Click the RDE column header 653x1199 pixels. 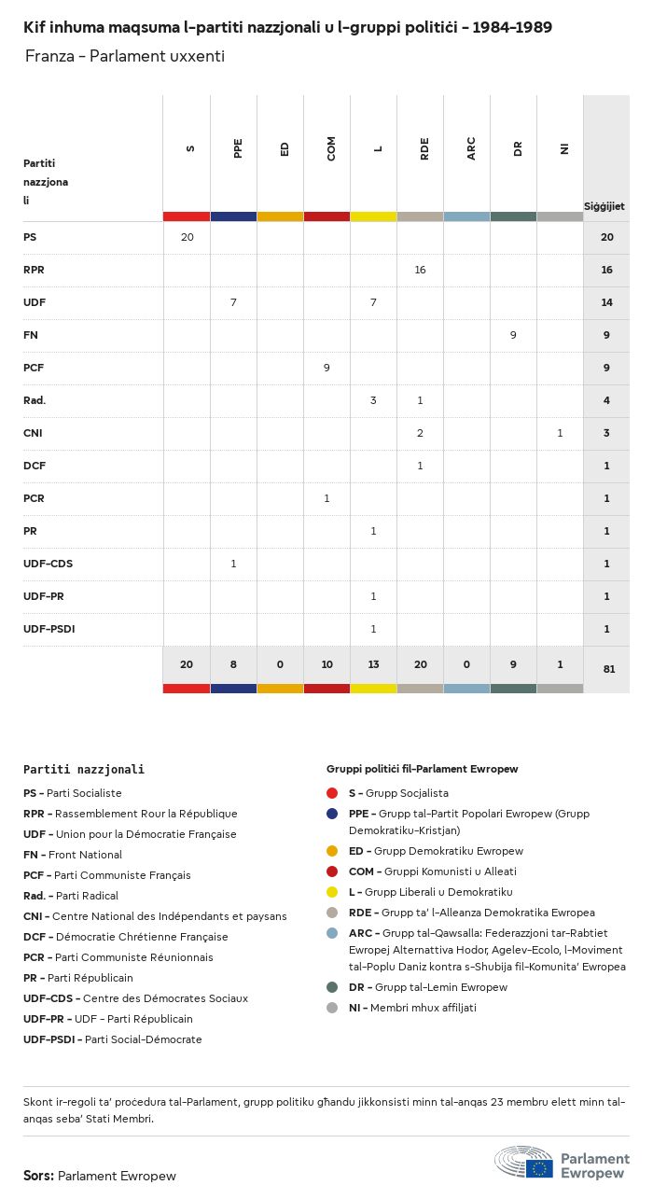[424, 148]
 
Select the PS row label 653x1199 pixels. [30, 237]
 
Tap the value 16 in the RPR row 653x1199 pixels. [420, 270]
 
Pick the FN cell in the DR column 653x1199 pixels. [513, 335]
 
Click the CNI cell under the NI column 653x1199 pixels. [560, 433]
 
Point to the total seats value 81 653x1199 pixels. [606, 669]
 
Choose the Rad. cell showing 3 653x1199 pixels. [373, 400]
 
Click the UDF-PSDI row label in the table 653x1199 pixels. [49, 629]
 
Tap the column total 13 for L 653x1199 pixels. [373, 664]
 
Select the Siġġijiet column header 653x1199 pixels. [604, 206]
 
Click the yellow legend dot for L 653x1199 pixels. [332, 892]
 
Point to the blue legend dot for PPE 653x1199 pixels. [332, 814]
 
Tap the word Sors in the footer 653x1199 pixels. [38, 1176]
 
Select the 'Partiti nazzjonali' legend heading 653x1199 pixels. [84, 770]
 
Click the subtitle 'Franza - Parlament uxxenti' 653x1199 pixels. [124, 56]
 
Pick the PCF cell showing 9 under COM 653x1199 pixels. [326, 368]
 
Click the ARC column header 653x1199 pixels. [471, 148]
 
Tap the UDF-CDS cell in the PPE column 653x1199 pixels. [233, 564]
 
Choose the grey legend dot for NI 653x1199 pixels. [332, 1008]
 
